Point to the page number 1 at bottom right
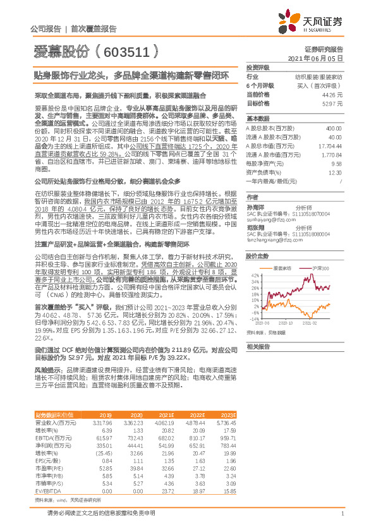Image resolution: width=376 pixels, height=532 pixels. [341, 513]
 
